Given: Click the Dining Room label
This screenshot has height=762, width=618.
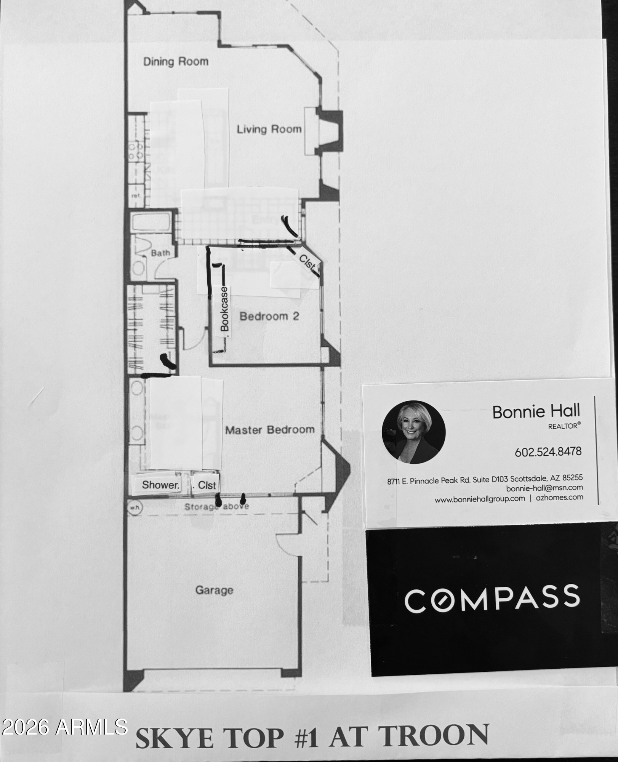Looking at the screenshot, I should (176, 62).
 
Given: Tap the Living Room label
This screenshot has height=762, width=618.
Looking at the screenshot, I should (269, 130).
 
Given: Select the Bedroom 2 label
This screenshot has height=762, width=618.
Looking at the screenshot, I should (269, 316).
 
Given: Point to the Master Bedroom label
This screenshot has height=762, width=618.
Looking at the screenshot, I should (270, 430).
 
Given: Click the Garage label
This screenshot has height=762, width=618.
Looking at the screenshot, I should (214, 590).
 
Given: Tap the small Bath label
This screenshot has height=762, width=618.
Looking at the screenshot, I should (160, 253).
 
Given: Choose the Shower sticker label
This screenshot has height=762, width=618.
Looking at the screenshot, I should (160, 485).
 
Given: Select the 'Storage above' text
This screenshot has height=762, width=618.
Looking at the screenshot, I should (216, 506).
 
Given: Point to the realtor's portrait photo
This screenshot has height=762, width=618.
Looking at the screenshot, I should (413, 432).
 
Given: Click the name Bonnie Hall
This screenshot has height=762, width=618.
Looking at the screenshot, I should (536, 411).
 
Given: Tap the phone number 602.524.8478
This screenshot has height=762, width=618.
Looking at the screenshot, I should (548, 452).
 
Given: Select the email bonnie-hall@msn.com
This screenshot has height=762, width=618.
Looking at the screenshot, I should (544, 488).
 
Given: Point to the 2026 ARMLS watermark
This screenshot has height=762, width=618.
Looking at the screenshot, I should (64, 727).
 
